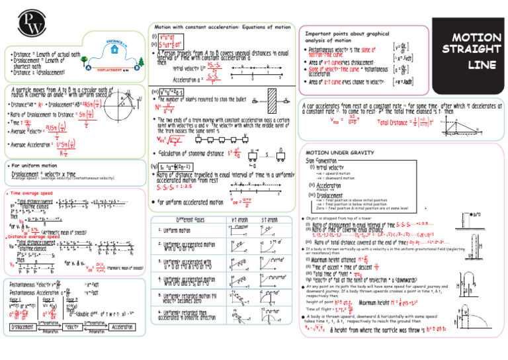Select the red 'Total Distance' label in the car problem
(x=396, y=123)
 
